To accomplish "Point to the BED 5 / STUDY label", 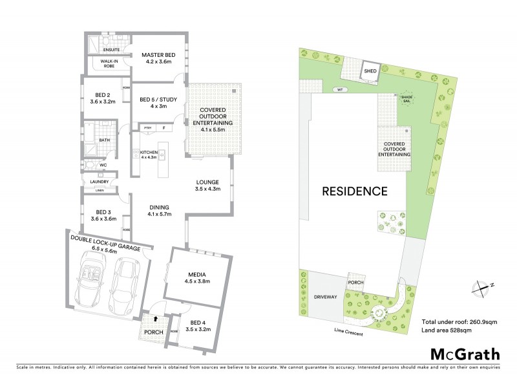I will click(x=158, y=100).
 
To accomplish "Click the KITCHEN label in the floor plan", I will click(x=149, y=153).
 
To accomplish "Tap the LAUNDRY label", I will click(x=100, y=182).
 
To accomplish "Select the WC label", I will click(x=103, y=165).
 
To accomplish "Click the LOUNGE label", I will click(x=208, y=182).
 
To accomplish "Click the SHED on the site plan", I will click(x=370, y=71).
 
